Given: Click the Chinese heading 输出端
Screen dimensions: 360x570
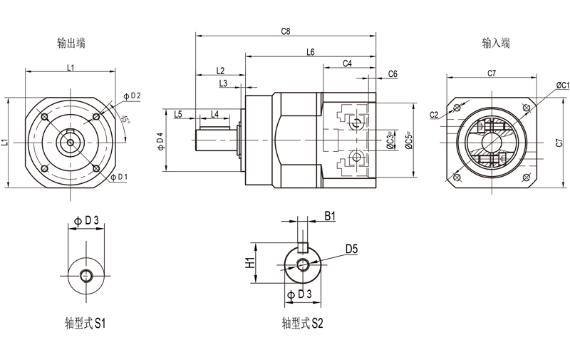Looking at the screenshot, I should (71, 43).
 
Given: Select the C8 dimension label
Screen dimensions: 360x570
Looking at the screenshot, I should (286, 31).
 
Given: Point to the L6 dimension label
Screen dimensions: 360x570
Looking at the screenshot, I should (311, 52).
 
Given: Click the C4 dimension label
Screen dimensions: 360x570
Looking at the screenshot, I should (347, 63).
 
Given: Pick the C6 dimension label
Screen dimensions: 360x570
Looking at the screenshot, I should (393, 74).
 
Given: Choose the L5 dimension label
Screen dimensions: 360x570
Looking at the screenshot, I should (178, 114).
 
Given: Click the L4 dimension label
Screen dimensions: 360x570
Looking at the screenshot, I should (214, 114).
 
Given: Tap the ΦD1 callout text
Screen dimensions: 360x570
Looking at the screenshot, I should (120, 176).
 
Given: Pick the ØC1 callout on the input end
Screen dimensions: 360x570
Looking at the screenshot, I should (558, 85).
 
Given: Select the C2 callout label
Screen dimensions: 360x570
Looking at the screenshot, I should (434, 115).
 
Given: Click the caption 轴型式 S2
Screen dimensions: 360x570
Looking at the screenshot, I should (303, 323).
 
